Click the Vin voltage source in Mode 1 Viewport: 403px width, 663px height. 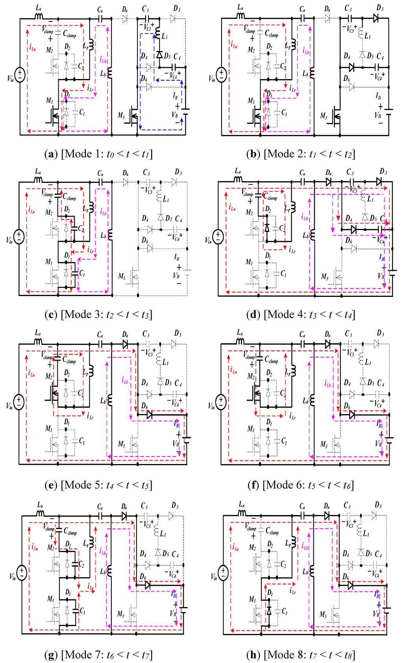pyautogui.click(x=20, y=74)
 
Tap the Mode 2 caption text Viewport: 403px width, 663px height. pyautogui.click(x=301, y=154)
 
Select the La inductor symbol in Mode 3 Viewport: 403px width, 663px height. pyautogui.click(x=39, y=179)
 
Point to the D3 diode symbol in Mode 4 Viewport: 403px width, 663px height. pyautogui.click(x=379, y=182)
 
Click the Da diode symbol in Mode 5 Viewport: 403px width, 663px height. pyautogui.click(x=126, y=344)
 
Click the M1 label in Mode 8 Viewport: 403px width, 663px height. pyautogui.click(x=252, y=599)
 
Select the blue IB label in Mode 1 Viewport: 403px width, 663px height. pyautogui.click(x=175, y=95)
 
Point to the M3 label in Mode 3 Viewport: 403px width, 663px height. pyautogui.click(x=122, y=276)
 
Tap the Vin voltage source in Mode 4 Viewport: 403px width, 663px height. pyautogui.click(x=218, y=236)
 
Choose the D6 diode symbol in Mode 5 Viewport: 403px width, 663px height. pyautogui.click(x=149, y=414)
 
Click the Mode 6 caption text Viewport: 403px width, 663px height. pyautogui.click(x=301, y=485)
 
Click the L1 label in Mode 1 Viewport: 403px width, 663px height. pyautogui.click(x=165, y=37)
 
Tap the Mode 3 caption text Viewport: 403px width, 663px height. pyautogui.click(x=98, y=315)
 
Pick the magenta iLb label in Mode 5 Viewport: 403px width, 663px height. pyautogui.click(x=125, y=380)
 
